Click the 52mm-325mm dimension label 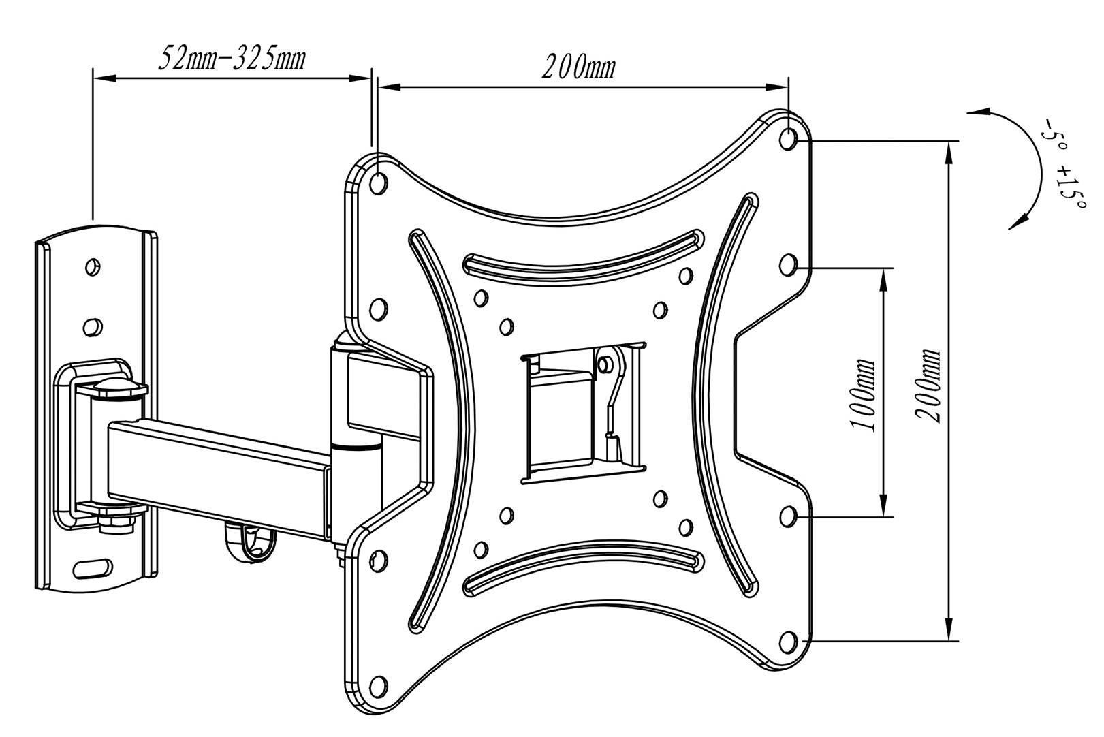[x=231, y=59]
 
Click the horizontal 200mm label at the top [x=578, y=68]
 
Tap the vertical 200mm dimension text [x=928, y=386]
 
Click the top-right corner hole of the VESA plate [x=788, y=140]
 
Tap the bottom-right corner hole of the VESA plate [x=788, y=640]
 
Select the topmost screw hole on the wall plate [x=93, y=266]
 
